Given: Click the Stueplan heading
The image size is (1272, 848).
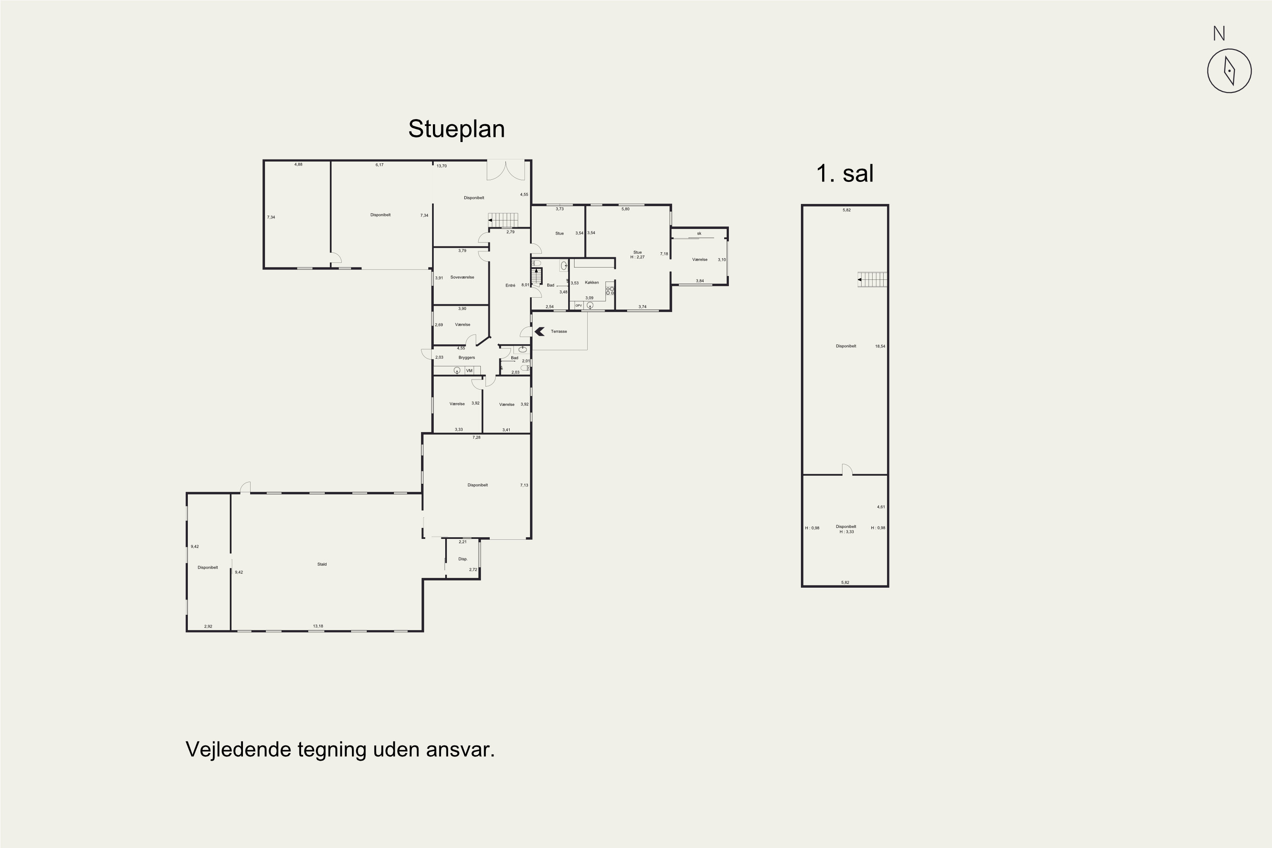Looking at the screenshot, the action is coord(457,129).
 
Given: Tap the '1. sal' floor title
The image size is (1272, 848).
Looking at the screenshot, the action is coord(845,173).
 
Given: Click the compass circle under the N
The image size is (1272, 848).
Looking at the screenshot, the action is coord(1229,71).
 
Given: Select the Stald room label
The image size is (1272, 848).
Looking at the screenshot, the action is coord(322,564).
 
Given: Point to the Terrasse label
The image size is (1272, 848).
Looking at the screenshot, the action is coord(559,332).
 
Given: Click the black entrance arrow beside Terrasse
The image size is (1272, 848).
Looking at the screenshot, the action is coord(539,332).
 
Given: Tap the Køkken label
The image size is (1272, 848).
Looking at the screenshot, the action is coord(591,282).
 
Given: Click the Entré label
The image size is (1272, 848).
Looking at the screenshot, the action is coord(510,285).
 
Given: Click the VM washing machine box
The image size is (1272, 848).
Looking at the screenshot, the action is coord(469,371).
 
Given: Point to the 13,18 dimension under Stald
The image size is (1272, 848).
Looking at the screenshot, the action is coord(318,626).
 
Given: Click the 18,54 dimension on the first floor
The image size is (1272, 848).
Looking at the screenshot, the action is coord(880,346).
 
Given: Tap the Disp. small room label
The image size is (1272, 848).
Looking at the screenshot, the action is coord(463,559).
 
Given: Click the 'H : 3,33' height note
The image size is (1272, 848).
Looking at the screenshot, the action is coord(846,532).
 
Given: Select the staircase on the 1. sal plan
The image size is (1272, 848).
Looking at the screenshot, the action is coord(872,279).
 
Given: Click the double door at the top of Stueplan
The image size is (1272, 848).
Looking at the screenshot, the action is coord(506,170).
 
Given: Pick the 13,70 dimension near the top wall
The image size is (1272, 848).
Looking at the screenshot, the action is coord(441,166).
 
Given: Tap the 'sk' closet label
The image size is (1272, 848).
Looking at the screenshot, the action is coord(699,234).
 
